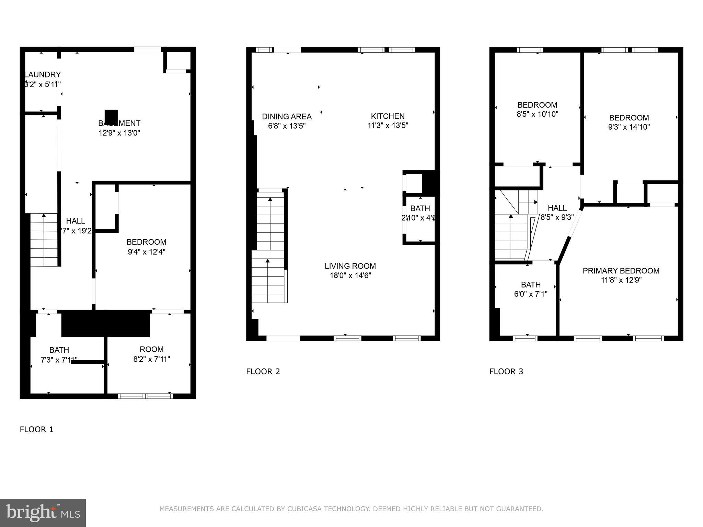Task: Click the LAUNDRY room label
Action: pyautogui.click(x=43, y=74)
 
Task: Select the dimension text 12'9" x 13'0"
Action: pyautogui.click(x=119, y=133)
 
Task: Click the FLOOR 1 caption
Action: pyautogui.click(x=36, y=430)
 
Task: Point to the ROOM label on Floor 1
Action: pyautogui.click(x=151, y=349)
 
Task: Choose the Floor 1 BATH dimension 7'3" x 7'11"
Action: pyautogui.click(x=59, y=360)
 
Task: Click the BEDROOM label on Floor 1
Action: pyautogui.click(x=146, y=242)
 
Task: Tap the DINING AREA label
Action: pyautogui.click(x=287, y=116)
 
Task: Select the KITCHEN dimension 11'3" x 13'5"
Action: pyautogui.click(x=388, y=126)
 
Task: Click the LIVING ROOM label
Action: pyautogui.click(x=350, y=266)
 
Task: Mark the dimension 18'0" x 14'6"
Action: pyautogui.click(x=350, y=276)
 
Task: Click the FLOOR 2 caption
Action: pyautogui.click(x=263, y=372)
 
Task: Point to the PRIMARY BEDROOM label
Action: pyautogui.click(x=621, y=271)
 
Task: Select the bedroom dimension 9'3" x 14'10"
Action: pyautogui.click(x=629, y=127)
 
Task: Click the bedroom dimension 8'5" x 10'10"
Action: pyautogui.click(x=537, y=114)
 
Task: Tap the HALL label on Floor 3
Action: pyautogui.click(x=557, y=208)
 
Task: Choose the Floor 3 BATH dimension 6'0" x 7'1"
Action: pyautogui.click(x=531, y=294)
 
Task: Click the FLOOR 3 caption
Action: pyautogui.click(x=506, y=372)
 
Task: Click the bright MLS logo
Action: pyautogui.click(x=43, y=513)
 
